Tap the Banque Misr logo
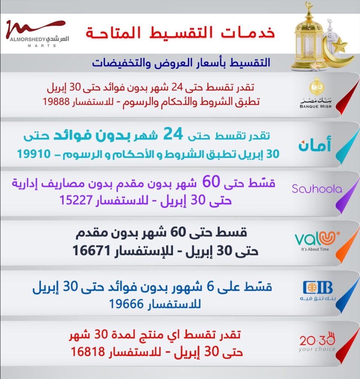(316, 93)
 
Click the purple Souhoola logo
(317, 189)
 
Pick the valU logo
(317, 241)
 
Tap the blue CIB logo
(318, 291)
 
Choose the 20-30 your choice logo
(317, 342)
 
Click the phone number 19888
(56, 101)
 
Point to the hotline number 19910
(34, 154)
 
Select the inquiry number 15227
(76, 200)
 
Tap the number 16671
(91, 251)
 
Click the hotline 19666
(127, 304)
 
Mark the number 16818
(88, 352)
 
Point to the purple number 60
(211, 181)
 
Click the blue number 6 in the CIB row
(210, 286)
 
